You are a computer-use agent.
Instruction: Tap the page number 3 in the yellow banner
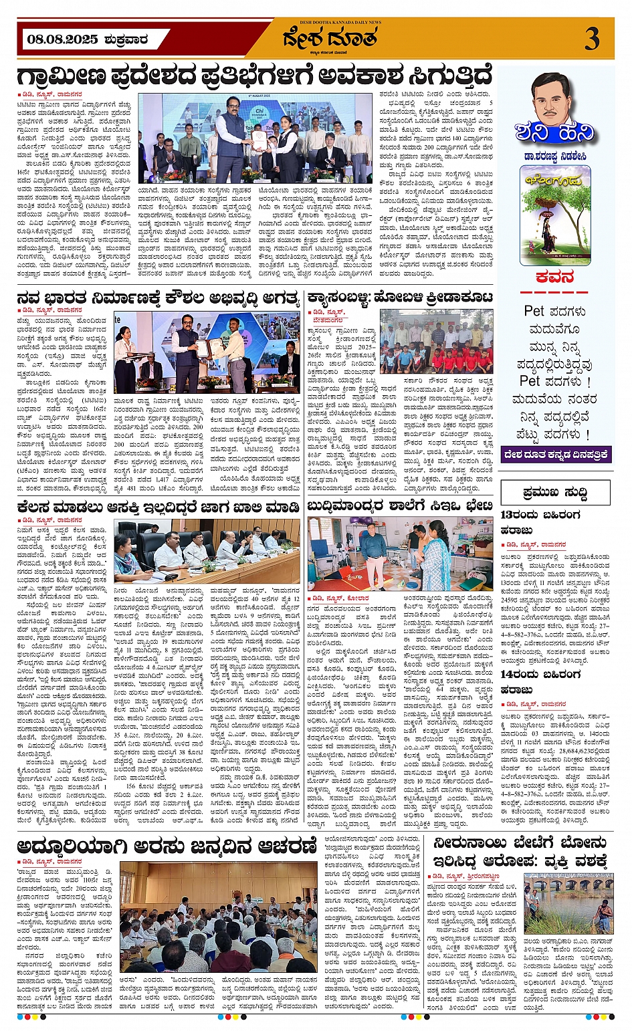click(591, 39)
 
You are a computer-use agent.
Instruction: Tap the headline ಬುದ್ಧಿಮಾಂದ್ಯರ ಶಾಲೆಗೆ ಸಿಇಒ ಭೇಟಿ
click(400, 506)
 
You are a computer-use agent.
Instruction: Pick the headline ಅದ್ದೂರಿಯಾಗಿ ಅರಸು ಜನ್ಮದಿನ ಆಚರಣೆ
click(167, 845)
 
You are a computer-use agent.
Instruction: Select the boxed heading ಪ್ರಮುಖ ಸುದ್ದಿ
click(555, 493)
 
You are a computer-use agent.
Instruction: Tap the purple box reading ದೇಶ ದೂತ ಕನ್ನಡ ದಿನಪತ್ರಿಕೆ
click(556, 455)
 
